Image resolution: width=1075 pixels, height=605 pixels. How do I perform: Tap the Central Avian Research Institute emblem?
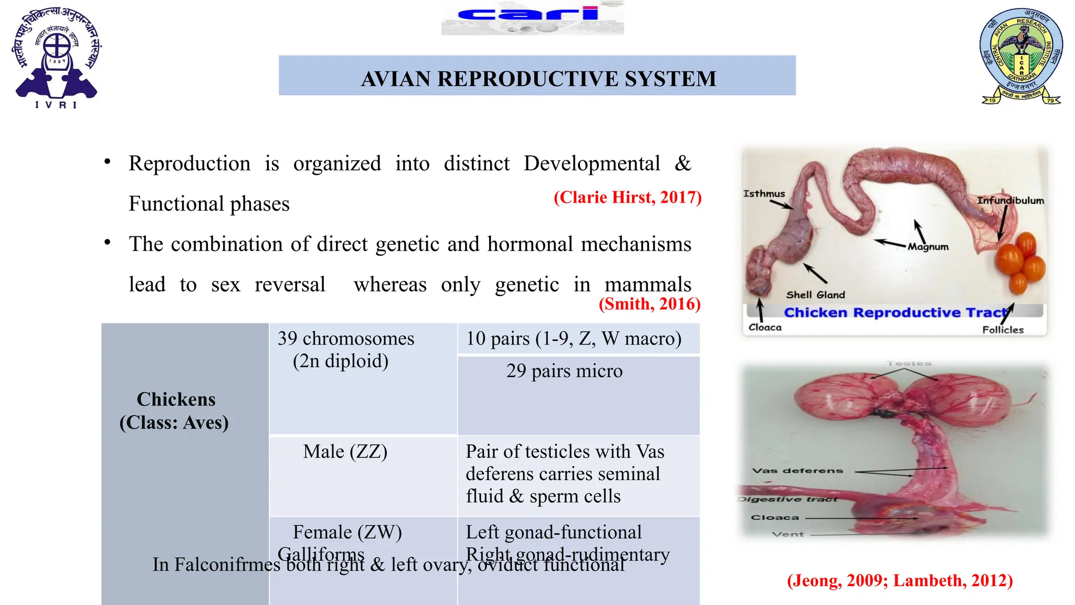tap(1021, 56)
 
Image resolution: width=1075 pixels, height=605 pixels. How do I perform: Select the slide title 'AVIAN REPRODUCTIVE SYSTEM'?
tap(538, 79)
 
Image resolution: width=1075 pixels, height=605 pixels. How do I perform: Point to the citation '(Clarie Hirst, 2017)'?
tap(627, 197)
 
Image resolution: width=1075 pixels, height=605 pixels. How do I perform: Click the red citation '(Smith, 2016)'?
tap(649, 304)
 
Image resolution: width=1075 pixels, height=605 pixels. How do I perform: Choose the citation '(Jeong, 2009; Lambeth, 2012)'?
tap(900, 580)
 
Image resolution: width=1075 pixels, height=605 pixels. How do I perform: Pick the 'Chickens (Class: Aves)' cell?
tap(175, 411)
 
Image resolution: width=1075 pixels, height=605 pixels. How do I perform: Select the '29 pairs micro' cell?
tap(564, 371)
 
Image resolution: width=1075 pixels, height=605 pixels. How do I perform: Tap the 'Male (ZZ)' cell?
tap(345, 452)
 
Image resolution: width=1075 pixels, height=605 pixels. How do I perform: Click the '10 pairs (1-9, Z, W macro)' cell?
tap(574, 339)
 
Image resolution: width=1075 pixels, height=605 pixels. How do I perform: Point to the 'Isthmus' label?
tap(764, 194)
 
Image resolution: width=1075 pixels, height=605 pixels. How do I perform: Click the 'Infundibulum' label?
tap(1010, 201)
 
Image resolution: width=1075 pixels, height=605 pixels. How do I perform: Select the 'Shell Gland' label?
tap(815, 295)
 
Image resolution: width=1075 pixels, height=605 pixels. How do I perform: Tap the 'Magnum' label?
tap(928, 247)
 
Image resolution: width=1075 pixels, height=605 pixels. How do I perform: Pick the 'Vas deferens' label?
tap(797, 471)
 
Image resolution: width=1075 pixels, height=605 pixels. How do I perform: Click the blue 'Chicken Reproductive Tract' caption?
tap(895, 312)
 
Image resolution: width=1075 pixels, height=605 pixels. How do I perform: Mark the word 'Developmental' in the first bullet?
tap(592, 163)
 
